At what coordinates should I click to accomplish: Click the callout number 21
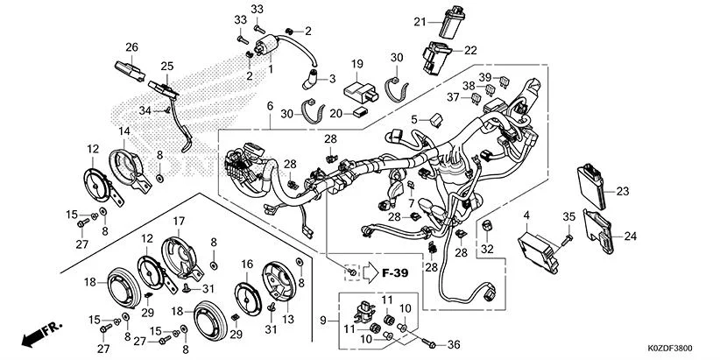point(420,22)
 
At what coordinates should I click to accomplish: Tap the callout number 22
point(470,50)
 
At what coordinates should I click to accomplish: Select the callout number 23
point(623,191)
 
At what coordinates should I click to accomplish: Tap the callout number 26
point(131,46)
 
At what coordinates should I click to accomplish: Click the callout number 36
point(453,342)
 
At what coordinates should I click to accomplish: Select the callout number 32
point(487,249)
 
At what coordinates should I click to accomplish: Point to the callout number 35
point(568,216)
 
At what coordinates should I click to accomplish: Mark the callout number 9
point(326,321)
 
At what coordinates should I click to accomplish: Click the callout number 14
point(124,131)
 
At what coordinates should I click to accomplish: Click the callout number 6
point(271,106)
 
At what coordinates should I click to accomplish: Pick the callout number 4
point(527,214)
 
